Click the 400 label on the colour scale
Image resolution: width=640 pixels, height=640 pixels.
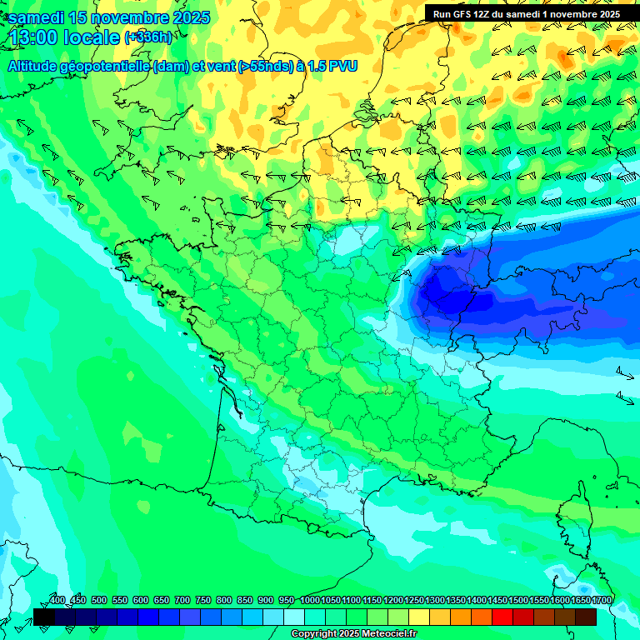click(x=57, y=600)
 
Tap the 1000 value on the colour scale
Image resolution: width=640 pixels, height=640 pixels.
click(x=310, y=600)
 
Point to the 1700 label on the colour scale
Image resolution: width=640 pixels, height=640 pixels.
click(x=602, y=600)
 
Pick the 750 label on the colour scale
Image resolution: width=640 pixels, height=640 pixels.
click(x=203, y=600)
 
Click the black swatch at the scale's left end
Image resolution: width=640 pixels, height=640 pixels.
click(x=44, y=617)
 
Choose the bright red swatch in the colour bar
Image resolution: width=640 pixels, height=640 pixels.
click(x=502, y=617)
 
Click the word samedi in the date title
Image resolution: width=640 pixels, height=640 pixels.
click(x=37, y=17)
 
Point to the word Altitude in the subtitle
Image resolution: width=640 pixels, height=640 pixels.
click(x=35, y=66)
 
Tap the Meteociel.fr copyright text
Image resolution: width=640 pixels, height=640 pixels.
click(x=354, y=634)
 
